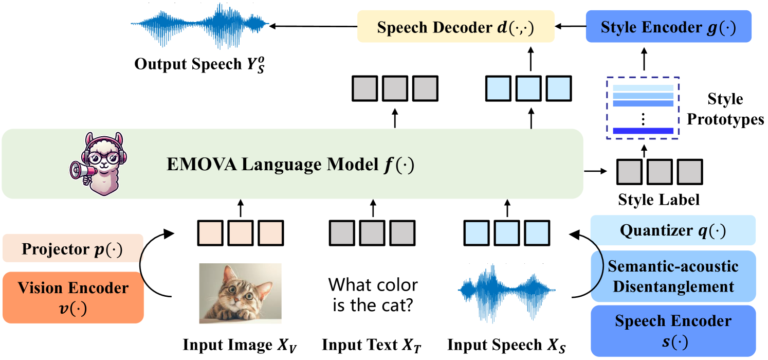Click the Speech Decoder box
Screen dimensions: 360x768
coord(455,27)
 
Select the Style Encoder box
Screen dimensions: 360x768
coord(668,27)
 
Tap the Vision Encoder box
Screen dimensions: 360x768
coord(73,297)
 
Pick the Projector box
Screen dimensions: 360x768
coord(72,249)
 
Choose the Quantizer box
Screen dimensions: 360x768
coord(673,230)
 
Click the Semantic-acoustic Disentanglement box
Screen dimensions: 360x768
coord(673,276)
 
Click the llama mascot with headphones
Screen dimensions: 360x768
coord(99,163)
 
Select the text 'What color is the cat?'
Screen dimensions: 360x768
coord(374,295)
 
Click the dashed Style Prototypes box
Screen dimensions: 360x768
coord(643,107)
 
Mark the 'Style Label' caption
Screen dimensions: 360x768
coord(658,199)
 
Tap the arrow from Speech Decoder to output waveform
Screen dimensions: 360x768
coord(314,26)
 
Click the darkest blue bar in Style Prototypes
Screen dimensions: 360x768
coord(643,131)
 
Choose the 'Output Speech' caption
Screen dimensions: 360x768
coord(201,65)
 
